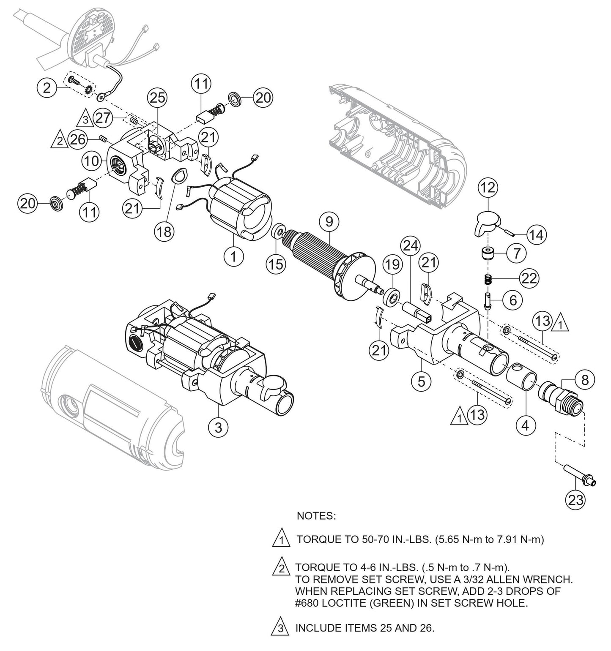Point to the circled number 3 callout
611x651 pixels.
click(218, 427)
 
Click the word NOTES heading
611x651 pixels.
click(316, 516)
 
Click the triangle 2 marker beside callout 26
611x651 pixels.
click(60, 140)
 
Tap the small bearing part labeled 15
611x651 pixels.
click(278, 232)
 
